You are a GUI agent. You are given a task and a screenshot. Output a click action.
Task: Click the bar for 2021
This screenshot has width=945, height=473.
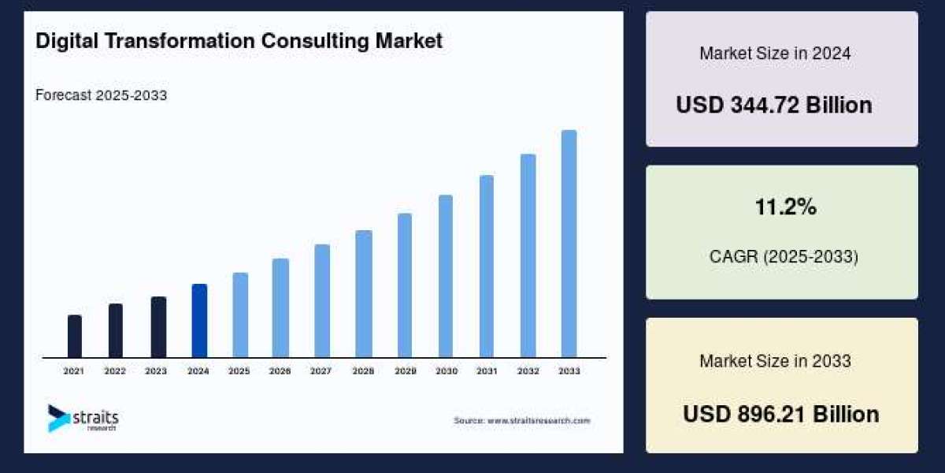tap(75, 336)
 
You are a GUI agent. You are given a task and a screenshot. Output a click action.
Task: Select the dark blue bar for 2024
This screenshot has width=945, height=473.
tap(199, 320)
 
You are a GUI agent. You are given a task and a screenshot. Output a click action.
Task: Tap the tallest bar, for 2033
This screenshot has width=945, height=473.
tap(569, 244)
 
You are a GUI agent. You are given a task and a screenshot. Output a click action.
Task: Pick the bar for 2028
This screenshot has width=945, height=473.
tap(363, 293)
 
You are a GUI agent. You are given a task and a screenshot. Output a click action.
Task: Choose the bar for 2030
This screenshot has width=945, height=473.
tap(446, 276)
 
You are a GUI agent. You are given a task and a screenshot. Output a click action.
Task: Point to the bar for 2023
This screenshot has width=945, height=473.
tap(158, 326)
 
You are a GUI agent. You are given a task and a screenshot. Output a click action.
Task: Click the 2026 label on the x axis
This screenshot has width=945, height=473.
tap(281, 371)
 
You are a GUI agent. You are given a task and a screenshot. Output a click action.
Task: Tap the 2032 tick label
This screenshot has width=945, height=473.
tap(528, 371)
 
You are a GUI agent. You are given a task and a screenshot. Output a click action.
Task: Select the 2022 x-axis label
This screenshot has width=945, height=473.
tap(115, 371)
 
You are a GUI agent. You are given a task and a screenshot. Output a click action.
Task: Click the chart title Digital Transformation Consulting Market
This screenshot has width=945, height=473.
tap(239, 41)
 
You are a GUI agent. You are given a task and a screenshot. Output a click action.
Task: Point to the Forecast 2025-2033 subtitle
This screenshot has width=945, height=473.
tap(101, 95)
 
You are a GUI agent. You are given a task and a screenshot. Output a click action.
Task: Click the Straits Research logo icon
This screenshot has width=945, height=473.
tap(57, 418)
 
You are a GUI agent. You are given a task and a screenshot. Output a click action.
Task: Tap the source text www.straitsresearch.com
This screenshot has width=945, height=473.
tap(521, 421)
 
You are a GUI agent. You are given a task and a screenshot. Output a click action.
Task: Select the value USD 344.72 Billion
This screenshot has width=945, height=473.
tap(774, 105)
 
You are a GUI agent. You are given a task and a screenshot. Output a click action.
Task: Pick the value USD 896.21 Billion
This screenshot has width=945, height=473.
tap(780, 414)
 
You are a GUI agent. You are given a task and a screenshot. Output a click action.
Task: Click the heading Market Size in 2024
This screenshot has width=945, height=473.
tap(775, 54)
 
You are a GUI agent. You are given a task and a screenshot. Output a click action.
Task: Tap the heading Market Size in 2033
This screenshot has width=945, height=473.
tap(775, 361)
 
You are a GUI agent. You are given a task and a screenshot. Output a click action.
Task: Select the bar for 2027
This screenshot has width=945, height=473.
tap(322, 300)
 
